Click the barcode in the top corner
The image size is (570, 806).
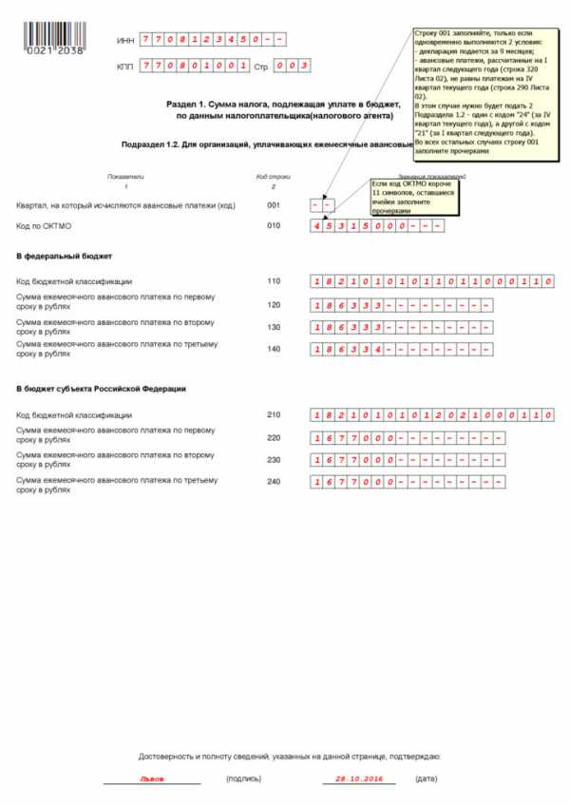pyautogui.click(x=55, y=34)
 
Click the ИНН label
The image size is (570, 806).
pyautogui.click(x=124, y=41)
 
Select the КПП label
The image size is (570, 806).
pyautogui.click(x=124, y=67)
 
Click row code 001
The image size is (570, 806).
pyautogui.click(x=275, y=205)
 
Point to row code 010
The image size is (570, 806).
pyautogui.click(x=275, y=226)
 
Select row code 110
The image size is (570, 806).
pyautogui.click(x=275, y=281)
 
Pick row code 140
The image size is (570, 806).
pyautogui.click(x=275, y=348)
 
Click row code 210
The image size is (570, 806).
pyautogui.click(x=275, y=415)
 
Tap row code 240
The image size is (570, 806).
pyautogui.click(x=275, y=482)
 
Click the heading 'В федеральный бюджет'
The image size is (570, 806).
pyautogui.click(x=65, y=257)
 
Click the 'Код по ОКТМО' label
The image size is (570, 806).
pyautogui.click(x=45, y=226)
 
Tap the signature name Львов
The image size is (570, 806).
pyautogui.click(x=151, y=778)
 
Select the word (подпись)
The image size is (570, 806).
pyautogui.click(x=245, y=778)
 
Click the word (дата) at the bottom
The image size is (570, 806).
pyautogui.click(x=427, y=778)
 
